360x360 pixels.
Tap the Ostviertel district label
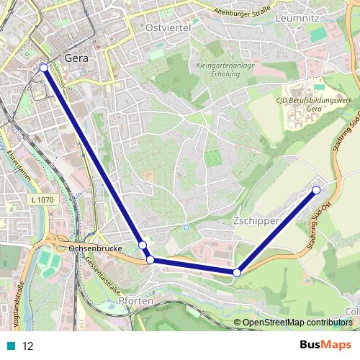point(167,27)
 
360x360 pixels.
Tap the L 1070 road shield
point(43,199)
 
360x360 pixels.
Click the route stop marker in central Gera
point(43,68)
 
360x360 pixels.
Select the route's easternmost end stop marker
point(315,190)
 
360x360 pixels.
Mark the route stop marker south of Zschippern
point(236,273)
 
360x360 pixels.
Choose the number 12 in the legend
point(28,346)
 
